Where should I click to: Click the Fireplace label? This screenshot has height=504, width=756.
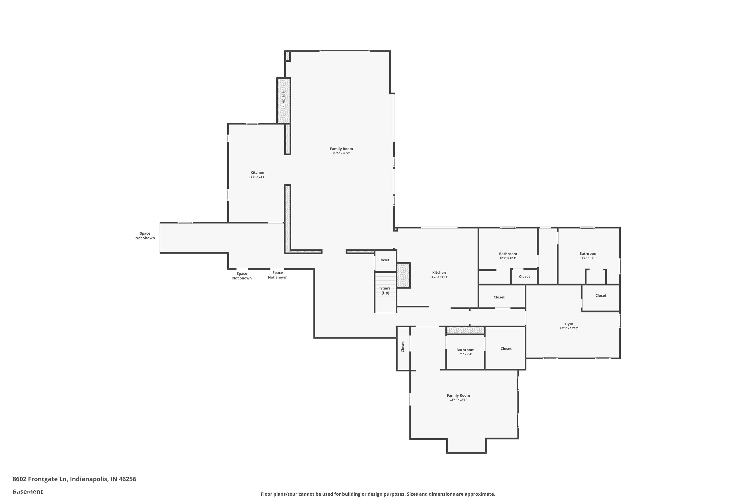point(283,99)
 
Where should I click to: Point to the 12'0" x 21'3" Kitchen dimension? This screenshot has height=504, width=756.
point(257,177)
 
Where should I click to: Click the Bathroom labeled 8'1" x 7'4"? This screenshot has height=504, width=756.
point(465,350)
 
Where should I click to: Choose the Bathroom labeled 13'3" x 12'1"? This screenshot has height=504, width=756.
point(588,254)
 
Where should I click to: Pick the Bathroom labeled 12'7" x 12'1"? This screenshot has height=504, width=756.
point(508,254)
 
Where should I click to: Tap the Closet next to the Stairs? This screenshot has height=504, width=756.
point(384,260)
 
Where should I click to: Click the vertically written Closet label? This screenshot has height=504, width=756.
point(402,346)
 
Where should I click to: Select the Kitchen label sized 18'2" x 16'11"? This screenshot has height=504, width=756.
point(439,273)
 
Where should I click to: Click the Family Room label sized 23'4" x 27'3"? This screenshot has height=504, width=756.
point(458,396)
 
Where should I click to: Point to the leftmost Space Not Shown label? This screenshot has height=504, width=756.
point(145,236)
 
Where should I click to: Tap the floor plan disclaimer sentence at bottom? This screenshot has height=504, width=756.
point(378,494)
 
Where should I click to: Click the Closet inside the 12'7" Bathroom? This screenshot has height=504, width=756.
point(524,276)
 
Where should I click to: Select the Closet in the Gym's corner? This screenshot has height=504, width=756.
point(601,295)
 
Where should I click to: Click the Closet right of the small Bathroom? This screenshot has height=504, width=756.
point(506,349)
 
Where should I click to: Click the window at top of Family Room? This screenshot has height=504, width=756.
point(344,51)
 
